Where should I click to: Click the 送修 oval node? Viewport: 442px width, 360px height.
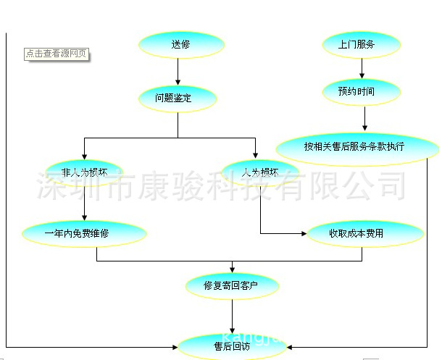pos(178,45)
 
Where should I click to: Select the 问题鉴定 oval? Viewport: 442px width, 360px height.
pos(178,98)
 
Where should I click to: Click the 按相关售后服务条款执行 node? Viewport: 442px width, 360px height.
pos(356,146)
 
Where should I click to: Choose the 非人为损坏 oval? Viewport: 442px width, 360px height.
pos(85,173)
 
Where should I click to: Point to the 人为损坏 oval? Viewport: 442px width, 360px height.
pos(261,173)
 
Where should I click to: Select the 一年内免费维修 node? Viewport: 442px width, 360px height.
pos(85,233)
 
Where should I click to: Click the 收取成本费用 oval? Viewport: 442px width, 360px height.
pos(365,233)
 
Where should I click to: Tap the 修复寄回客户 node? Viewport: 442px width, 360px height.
pos(232,285)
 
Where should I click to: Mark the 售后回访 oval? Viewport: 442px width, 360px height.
pos(232,346)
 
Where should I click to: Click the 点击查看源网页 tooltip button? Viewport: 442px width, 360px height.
pos(57,54)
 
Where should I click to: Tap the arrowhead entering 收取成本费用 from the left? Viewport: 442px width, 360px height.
pos(303,233)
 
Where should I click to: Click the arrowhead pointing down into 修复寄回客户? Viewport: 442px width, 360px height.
pos(232,269)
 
